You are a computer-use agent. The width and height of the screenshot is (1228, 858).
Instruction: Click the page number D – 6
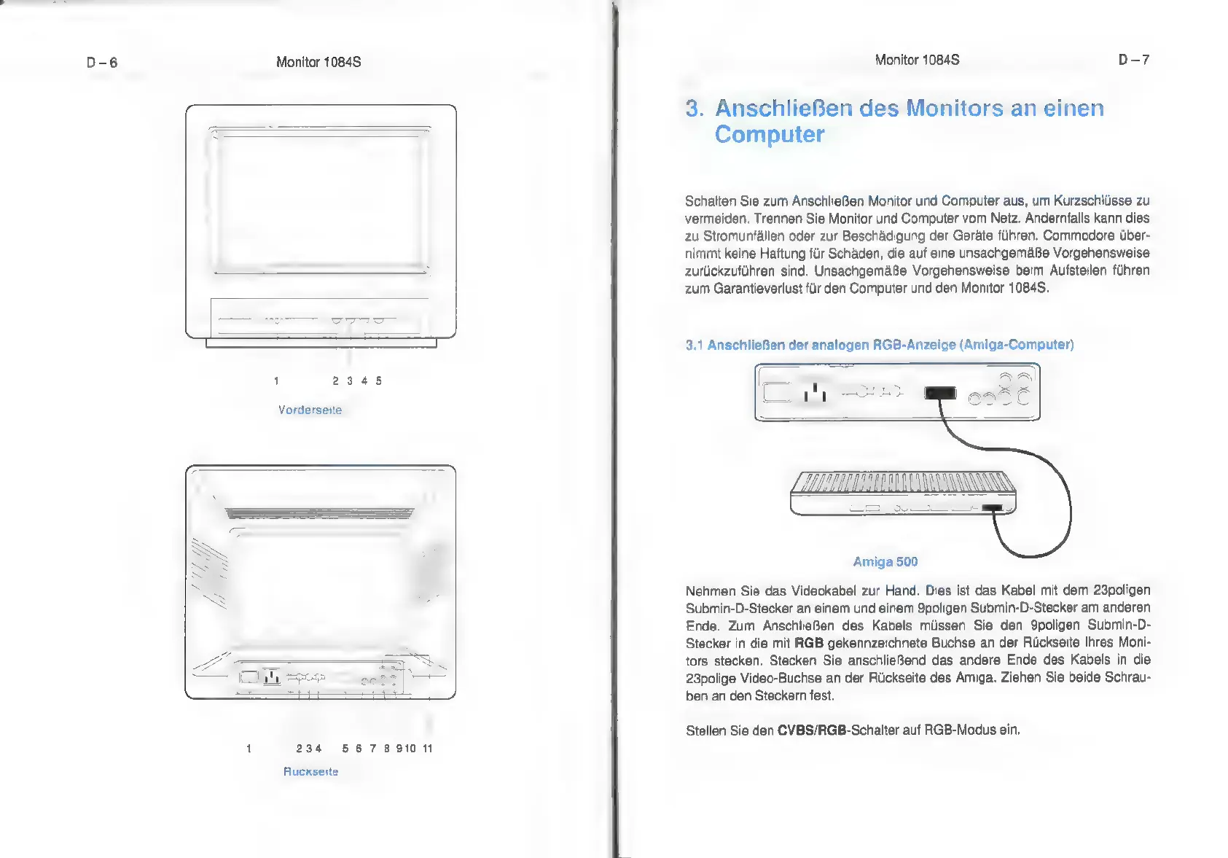102,63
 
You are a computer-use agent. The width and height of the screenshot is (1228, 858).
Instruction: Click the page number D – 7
1133,60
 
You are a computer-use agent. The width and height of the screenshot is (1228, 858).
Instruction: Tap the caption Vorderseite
310,410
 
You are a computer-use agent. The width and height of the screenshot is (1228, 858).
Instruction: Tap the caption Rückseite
310,771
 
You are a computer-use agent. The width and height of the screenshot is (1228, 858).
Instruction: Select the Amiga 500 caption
885,561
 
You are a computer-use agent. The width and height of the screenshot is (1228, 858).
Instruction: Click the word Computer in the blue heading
769,135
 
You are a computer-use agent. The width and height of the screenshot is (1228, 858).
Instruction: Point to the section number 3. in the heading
694,109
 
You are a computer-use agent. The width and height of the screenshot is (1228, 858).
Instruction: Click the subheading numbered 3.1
879,345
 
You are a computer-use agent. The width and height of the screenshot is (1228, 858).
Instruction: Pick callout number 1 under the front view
276,381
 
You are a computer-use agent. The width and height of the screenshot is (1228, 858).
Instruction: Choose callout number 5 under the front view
379,381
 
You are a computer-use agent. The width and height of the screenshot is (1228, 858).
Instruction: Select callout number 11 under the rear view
428,748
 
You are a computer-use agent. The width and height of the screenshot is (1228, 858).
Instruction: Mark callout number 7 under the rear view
372,748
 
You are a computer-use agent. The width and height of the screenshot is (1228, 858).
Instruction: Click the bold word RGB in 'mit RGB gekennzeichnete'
808,643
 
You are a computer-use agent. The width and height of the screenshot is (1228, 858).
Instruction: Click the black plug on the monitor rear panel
940,393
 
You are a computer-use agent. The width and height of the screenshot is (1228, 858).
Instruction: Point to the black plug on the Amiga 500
992,507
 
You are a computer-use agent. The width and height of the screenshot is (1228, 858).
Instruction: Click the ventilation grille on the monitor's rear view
319,513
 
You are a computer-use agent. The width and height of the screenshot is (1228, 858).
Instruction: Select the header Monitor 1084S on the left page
318,63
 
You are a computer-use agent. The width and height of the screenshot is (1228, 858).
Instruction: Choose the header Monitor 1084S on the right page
917,60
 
